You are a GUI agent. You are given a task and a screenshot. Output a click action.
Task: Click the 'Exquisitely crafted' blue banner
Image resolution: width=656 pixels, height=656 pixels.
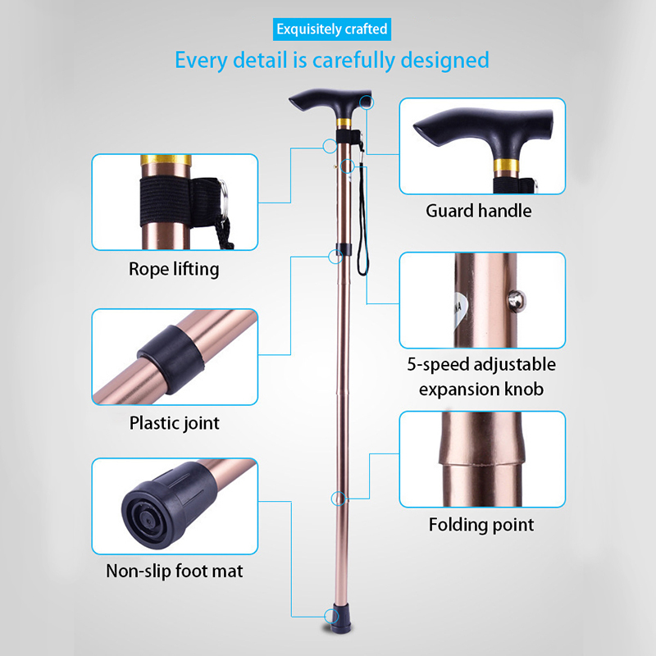pos(332,30)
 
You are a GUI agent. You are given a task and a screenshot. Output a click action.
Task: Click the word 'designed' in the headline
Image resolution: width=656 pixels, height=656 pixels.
pos(444,60)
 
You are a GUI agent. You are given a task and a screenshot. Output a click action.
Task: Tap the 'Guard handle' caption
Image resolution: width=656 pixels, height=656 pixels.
pos(479,211)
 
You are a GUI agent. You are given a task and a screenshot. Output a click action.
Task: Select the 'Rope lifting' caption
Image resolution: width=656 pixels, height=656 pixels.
pos(174,269)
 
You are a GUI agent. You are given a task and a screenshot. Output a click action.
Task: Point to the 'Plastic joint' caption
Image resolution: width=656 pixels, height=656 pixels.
pos(174,423)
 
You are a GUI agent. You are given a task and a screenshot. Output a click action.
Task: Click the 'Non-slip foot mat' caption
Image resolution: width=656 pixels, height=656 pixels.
pos(175,571)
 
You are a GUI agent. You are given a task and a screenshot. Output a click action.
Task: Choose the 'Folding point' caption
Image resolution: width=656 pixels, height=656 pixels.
pos(481,525)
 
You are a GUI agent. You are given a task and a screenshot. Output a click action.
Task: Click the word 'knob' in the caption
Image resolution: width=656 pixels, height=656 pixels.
pos(524,389)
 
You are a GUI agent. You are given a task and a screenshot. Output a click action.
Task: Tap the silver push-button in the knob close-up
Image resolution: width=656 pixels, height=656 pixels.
pos(517,302)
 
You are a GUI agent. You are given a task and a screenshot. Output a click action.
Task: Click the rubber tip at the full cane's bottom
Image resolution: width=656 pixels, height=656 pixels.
pos(342,618)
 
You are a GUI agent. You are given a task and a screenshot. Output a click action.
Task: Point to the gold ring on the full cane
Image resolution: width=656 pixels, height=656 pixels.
pos(344,123)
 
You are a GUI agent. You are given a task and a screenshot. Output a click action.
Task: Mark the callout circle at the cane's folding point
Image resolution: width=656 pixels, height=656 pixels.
pos(339,499)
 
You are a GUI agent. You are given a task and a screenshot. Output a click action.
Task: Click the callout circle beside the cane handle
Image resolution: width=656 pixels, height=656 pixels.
pos(367,102)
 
